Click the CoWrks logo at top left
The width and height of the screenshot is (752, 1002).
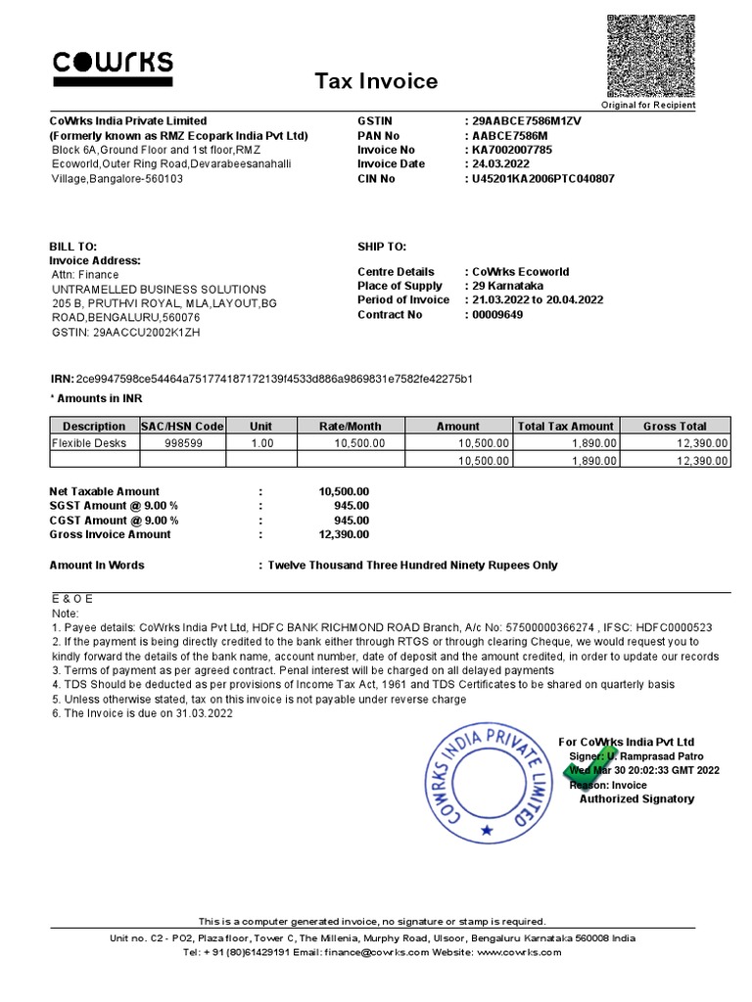(113, 65)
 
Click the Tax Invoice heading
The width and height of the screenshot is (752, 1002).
(375, 81)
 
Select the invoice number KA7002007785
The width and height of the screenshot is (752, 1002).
(512, 150)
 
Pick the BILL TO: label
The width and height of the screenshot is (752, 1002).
(73, 247)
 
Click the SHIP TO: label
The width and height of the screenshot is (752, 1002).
(382, 247)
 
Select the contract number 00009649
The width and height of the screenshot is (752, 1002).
(497, 315)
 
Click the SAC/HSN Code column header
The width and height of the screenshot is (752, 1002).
(183, 427)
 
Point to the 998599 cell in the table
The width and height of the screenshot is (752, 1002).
(183, 443)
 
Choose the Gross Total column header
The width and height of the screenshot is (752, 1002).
(675, 427)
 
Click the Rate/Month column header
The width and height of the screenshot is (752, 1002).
(351, 427)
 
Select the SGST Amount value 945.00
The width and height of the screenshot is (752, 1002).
(352, 506)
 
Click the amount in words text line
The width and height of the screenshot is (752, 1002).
(412, 566)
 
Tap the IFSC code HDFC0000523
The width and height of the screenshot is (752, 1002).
(677, 626)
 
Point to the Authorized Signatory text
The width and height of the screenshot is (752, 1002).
(636, 799)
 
